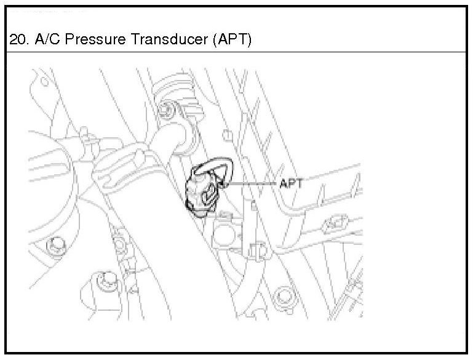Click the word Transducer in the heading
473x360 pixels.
[x=156, y=40]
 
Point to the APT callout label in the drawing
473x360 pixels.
[x=292, y=183]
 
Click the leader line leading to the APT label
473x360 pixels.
[x=252, y=183]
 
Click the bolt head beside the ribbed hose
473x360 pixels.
[x=164, y=111]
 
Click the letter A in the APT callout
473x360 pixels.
[x=284, y=183]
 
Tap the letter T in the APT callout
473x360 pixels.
[x=300, y=183]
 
